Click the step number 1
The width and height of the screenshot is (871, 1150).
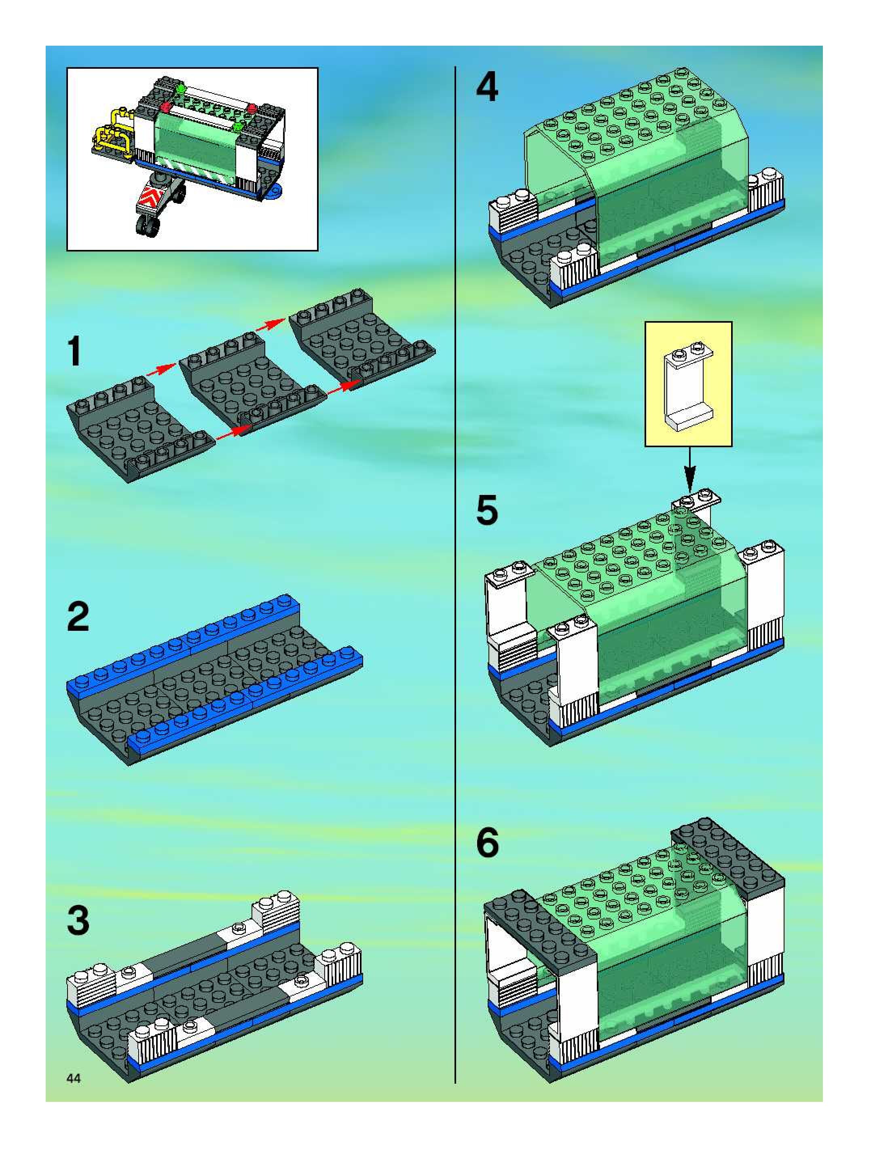(74, 352)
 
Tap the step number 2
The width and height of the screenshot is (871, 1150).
(78, 617)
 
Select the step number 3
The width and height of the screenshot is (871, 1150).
(78, 920)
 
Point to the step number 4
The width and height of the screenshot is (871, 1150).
(487, 87)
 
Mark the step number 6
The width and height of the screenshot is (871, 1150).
(487, 843)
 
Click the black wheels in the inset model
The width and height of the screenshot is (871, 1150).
(148, 227)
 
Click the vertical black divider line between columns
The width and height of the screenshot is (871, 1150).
(456, 572)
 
